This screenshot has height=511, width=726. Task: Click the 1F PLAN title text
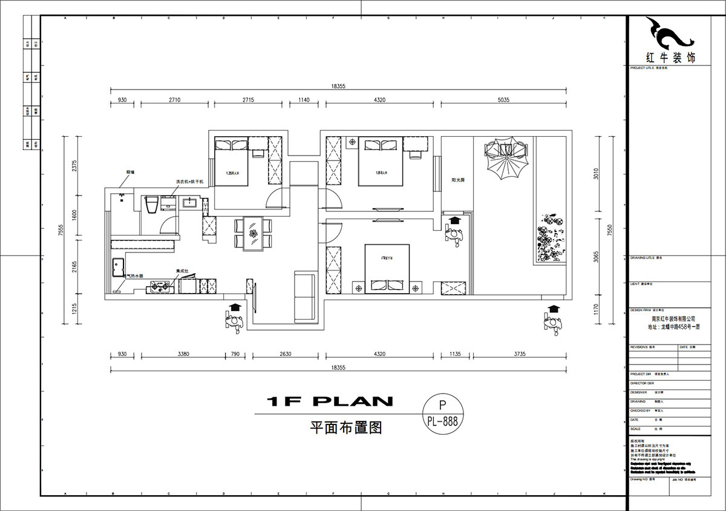click(330, 401)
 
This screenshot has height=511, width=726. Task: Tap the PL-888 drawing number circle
click(442, 413)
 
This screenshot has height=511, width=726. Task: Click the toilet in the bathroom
click(151, 204)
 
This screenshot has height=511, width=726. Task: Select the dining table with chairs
click(253, 233)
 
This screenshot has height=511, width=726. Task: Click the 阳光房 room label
click(457, 180)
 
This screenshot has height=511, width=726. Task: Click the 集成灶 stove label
click(182, 271)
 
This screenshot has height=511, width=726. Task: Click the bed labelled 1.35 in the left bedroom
click(231, 162)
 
